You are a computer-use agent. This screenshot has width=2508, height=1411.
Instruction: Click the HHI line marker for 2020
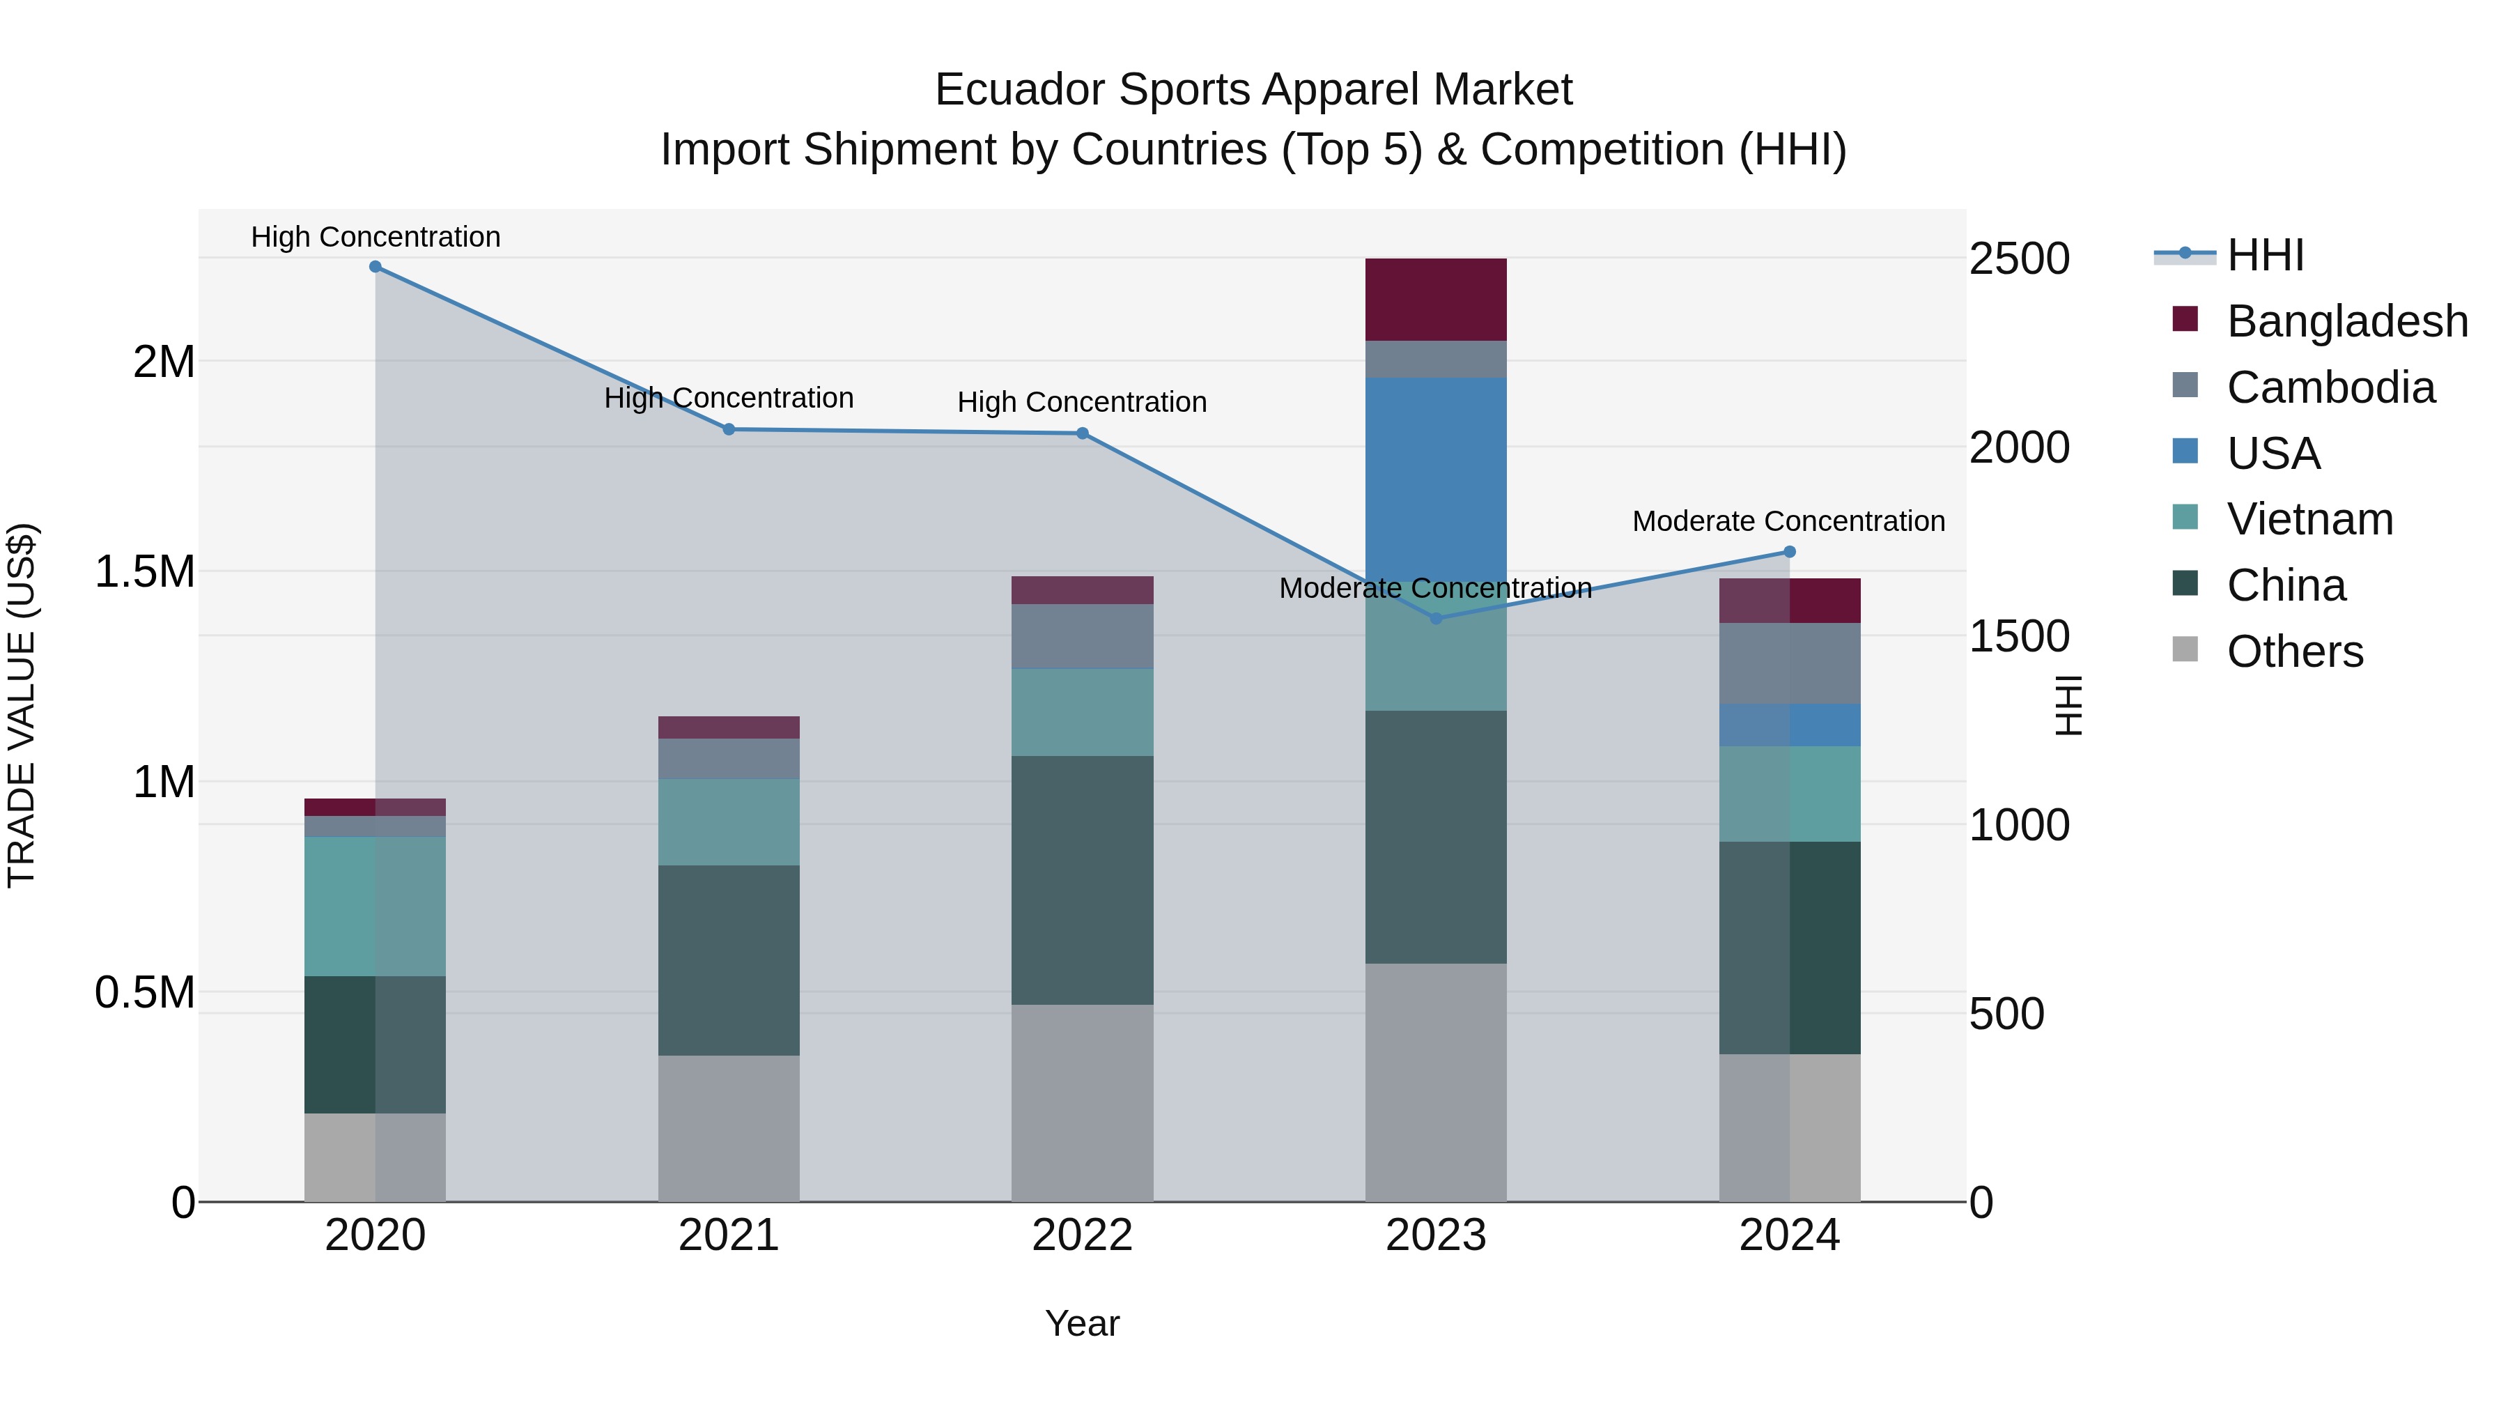[x=376, y=267]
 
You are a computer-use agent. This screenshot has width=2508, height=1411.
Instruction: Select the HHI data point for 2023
[x=1435, y=618]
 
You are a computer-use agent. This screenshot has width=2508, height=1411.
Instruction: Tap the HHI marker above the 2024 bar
[x=1788, y=552]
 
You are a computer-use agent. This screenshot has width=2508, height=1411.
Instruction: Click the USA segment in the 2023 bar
[x=1435, y=477]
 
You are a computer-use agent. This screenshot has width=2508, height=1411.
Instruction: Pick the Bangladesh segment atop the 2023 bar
[x=1435, y=299]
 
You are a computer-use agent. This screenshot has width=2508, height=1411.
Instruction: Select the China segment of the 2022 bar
[x=1082, y=879]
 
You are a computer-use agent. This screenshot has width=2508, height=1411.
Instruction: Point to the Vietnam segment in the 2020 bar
[x=376, y=906]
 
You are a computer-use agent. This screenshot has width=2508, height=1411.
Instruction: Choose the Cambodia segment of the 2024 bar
[x=1788, y=663]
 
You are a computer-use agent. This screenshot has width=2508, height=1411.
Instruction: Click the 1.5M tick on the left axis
[x=144, y=571]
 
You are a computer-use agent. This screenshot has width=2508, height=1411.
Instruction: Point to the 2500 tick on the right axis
[x=2018, y=259]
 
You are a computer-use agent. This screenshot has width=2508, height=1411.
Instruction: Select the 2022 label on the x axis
[x=1082, y=1235]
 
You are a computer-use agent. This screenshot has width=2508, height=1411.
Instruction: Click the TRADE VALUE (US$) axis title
[x=22, y=705]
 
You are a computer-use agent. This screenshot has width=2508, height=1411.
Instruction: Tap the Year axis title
[x=1082, y=1323]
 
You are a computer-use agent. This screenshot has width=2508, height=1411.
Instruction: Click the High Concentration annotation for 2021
[x=728, y=399]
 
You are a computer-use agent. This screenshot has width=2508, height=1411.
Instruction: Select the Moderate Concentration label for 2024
[x=1788, y=521]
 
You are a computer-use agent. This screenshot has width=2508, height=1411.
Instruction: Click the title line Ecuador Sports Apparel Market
[x=1253, y=90]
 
